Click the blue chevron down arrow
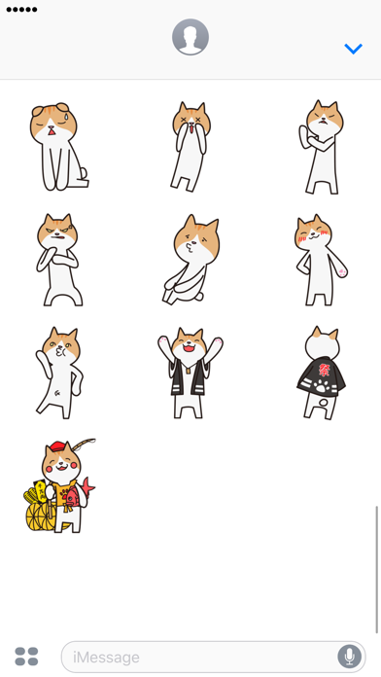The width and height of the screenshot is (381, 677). [354, 49]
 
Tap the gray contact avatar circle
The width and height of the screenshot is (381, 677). [190, 37]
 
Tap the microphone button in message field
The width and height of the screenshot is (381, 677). [350, 657]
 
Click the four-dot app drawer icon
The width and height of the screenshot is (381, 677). [27, 657]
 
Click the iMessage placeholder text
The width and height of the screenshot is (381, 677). [106, 658]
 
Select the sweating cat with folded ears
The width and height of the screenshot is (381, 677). [58, 147]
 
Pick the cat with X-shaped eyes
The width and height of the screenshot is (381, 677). [190, 146]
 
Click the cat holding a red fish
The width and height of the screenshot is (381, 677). [60, 485]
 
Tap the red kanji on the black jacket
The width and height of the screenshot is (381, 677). [324, 370]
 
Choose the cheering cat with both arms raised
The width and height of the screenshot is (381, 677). [190, 373]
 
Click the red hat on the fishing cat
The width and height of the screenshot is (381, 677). [57, 446]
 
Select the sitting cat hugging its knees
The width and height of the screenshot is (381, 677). [191, 260]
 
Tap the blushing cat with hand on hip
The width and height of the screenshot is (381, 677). [321, 260]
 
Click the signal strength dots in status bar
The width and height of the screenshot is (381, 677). [21, 10]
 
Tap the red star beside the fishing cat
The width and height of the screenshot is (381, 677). [88, 485]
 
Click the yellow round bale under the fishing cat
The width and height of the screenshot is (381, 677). [40, 517]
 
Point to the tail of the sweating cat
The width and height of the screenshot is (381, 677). [84, 173]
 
